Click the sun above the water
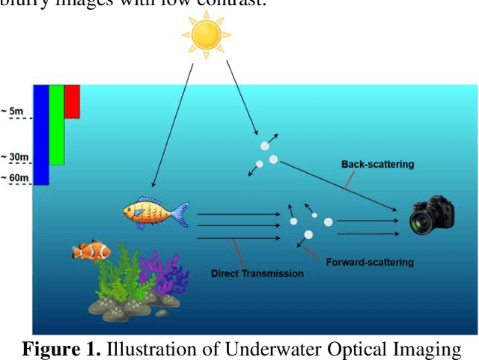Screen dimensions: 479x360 click(206, 34)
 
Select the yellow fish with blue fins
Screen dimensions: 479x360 click(153, 212)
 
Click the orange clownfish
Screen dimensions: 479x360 click(91, 250)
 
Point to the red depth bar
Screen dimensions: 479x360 click(72, 101)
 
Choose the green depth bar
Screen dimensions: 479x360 click(57, 124)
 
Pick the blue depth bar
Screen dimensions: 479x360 click(41, 134)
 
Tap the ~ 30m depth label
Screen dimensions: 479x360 click(15, 157)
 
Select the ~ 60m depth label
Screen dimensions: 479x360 click(15, 177)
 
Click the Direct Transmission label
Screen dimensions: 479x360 click(258, 273)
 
